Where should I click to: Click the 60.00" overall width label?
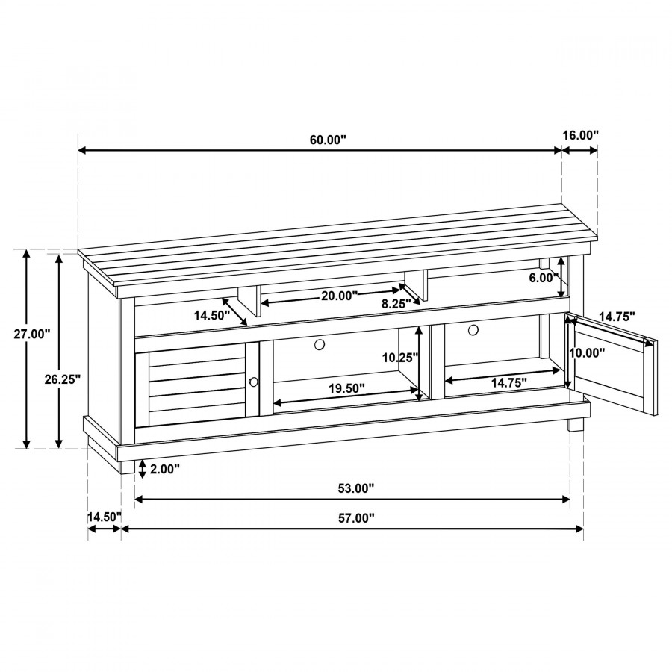click(328, 140)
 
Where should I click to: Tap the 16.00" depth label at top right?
click(580, 135)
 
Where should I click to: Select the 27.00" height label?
click(32, 334)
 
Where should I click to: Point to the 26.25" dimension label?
click(63, 379)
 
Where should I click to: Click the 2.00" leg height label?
click(164, 470)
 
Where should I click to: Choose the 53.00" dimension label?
click(356, 488)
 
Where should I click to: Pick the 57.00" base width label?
click(356, 519)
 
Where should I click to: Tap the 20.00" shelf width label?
click(340, 296)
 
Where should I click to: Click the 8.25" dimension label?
click(396, 304)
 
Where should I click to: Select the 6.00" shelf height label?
click(544, 279)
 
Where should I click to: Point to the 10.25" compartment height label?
click(400, 358)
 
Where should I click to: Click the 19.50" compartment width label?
click(346, 388)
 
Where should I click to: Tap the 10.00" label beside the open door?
click(587, 352)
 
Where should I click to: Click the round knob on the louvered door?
click(253, 382)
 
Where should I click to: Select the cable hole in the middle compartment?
click(320, 344)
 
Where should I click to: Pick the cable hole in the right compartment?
click(473, 330)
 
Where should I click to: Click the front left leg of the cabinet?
click(126, 467)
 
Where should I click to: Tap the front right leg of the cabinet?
click(576, 424)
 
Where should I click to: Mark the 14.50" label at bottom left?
click(105, 517)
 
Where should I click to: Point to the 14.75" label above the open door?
click(617, 317)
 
